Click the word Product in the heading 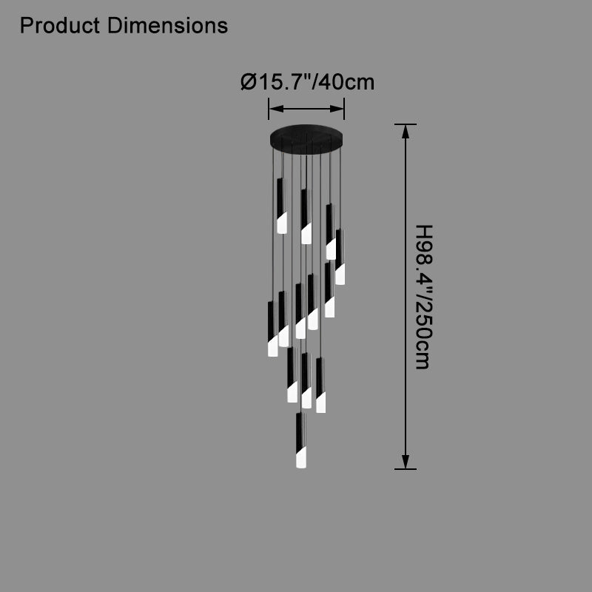pos(60,26)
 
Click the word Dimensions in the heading pos(167,26)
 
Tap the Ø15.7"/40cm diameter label pos(307,82)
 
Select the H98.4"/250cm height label pos(423,297)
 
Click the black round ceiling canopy pos(306,139)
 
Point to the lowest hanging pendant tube pos(301,440)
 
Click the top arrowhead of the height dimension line pos(406,132)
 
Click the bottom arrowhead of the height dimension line pos(406,462)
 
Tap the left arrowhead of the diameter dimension pos(276,109)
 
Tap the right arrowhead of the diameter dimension pos(337,109)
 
